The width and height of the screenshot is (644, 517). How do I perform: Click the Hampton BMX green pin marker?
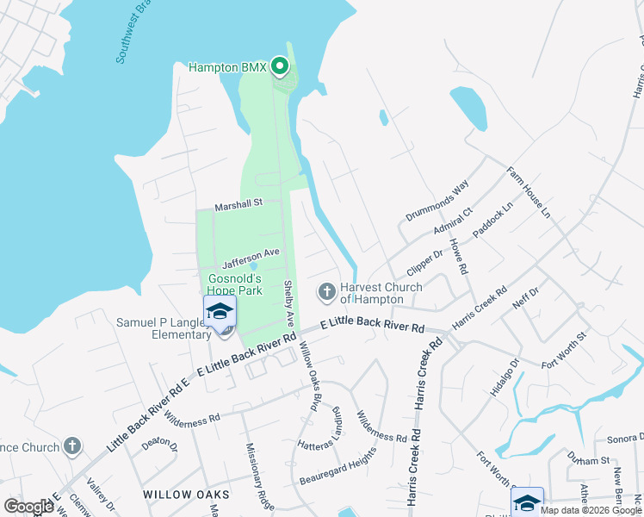click(279, 66)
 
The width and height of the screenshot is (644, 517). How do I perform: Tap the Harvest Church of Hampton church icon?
click(326, 293)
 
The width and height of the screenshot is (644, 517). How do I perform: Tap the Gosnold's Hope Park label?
click(235, 285)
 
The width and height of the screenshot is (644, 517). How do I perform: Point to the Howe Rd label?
click(458, 258)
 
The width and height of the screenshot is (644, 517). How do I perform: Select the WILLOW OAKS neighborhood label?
click(187, 495)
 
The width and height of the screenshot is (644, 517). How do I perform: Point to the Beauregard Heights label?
click(338, 466)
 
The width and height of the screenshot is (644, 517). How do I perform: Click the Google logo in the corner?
click(28, 507)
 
